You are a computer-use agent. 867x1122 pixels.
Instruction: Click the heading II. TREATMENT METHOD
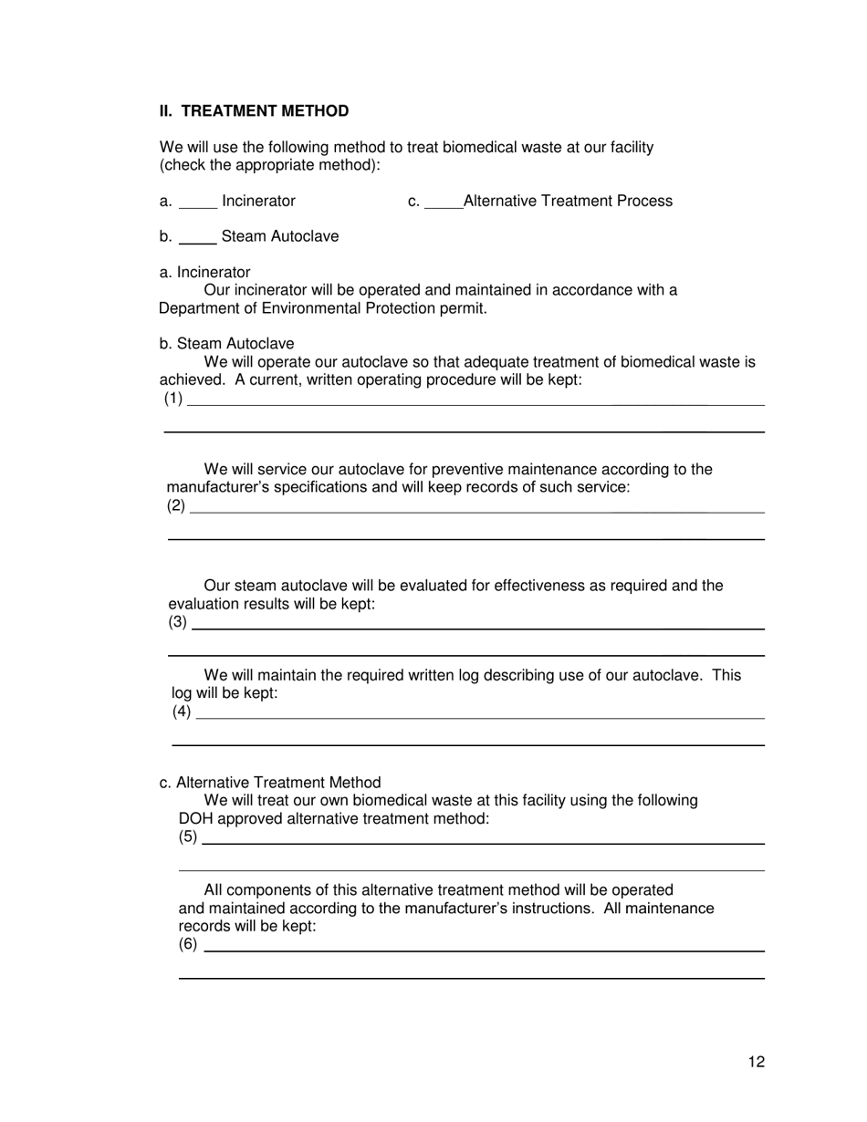pyautogui.click(x=254, y=111)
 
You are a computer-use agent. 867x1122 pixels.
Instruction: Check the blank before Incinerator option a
pyautogui.click(x=197, y=203)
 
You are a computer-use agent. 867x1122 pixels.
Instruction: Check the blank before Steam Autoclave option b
pyautogui.click(x=197, y=238)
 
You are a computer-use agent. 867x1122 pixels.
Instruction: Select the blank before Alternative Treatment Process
pyautogui.click(x=444, y=203)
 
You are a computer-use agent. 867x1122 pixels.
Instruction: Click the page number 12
pyautogui.click(x=756, y=1062)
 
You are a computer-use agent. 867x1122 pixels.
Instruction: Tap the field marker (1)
pyautogui.click(x=173, y=399)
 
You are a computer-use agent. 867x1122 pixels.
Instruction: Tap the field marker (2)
pyautogui.click(x=176, y=505)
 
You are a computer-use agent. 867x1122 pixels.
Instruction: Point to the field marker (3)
pyautogui.click(x=178, y=622)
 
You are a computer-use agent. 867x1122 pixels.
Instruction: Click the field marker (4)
pyautogui.click(x=182, y=712)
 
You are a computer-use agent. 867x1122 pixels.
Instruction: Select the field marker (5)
pyautogui.click(x=188, y=836)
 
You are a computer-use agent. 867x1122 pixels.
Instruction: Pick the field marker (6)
pyautogui.click(x=188, y=944)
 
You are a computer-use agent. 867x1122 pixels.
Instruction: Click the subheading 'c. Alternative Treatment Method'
pyautogui.click(x=269, y=783)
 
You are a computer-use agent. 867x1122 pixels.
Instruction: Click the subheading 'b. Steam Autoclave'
pyautogui.click(x=226, y=344)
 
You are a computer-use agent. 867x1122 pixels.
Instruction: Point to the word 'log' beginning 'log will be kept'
pyautogui.click(x=182, y=693)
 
